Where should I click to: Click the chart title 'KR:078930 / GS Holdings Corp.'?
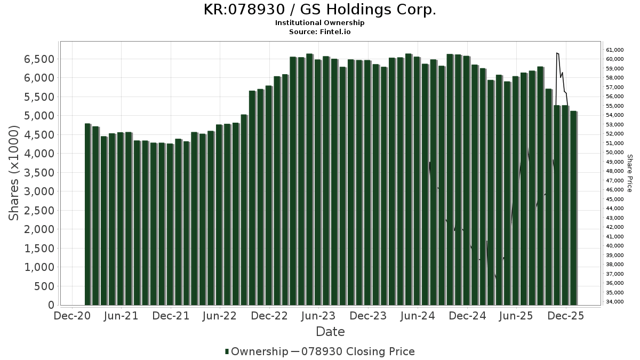tap(320, 10)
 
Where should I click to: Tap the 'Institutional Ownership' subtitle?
tap(320, 23)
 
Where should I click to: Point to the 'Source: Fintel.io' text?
tap(320, 32)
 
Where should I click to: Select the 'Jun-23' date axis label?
tap(318, 316)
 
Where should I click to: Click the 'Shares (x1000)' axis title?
tap(15, 173)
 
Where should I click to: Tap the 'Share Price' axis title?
tap(630, 173)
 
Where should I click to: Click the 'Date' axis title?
tap(330, 332)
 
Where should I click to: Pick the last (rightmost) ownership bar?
tap(573, 208)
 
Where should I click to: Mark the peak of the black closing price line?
tap(556, 53)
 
